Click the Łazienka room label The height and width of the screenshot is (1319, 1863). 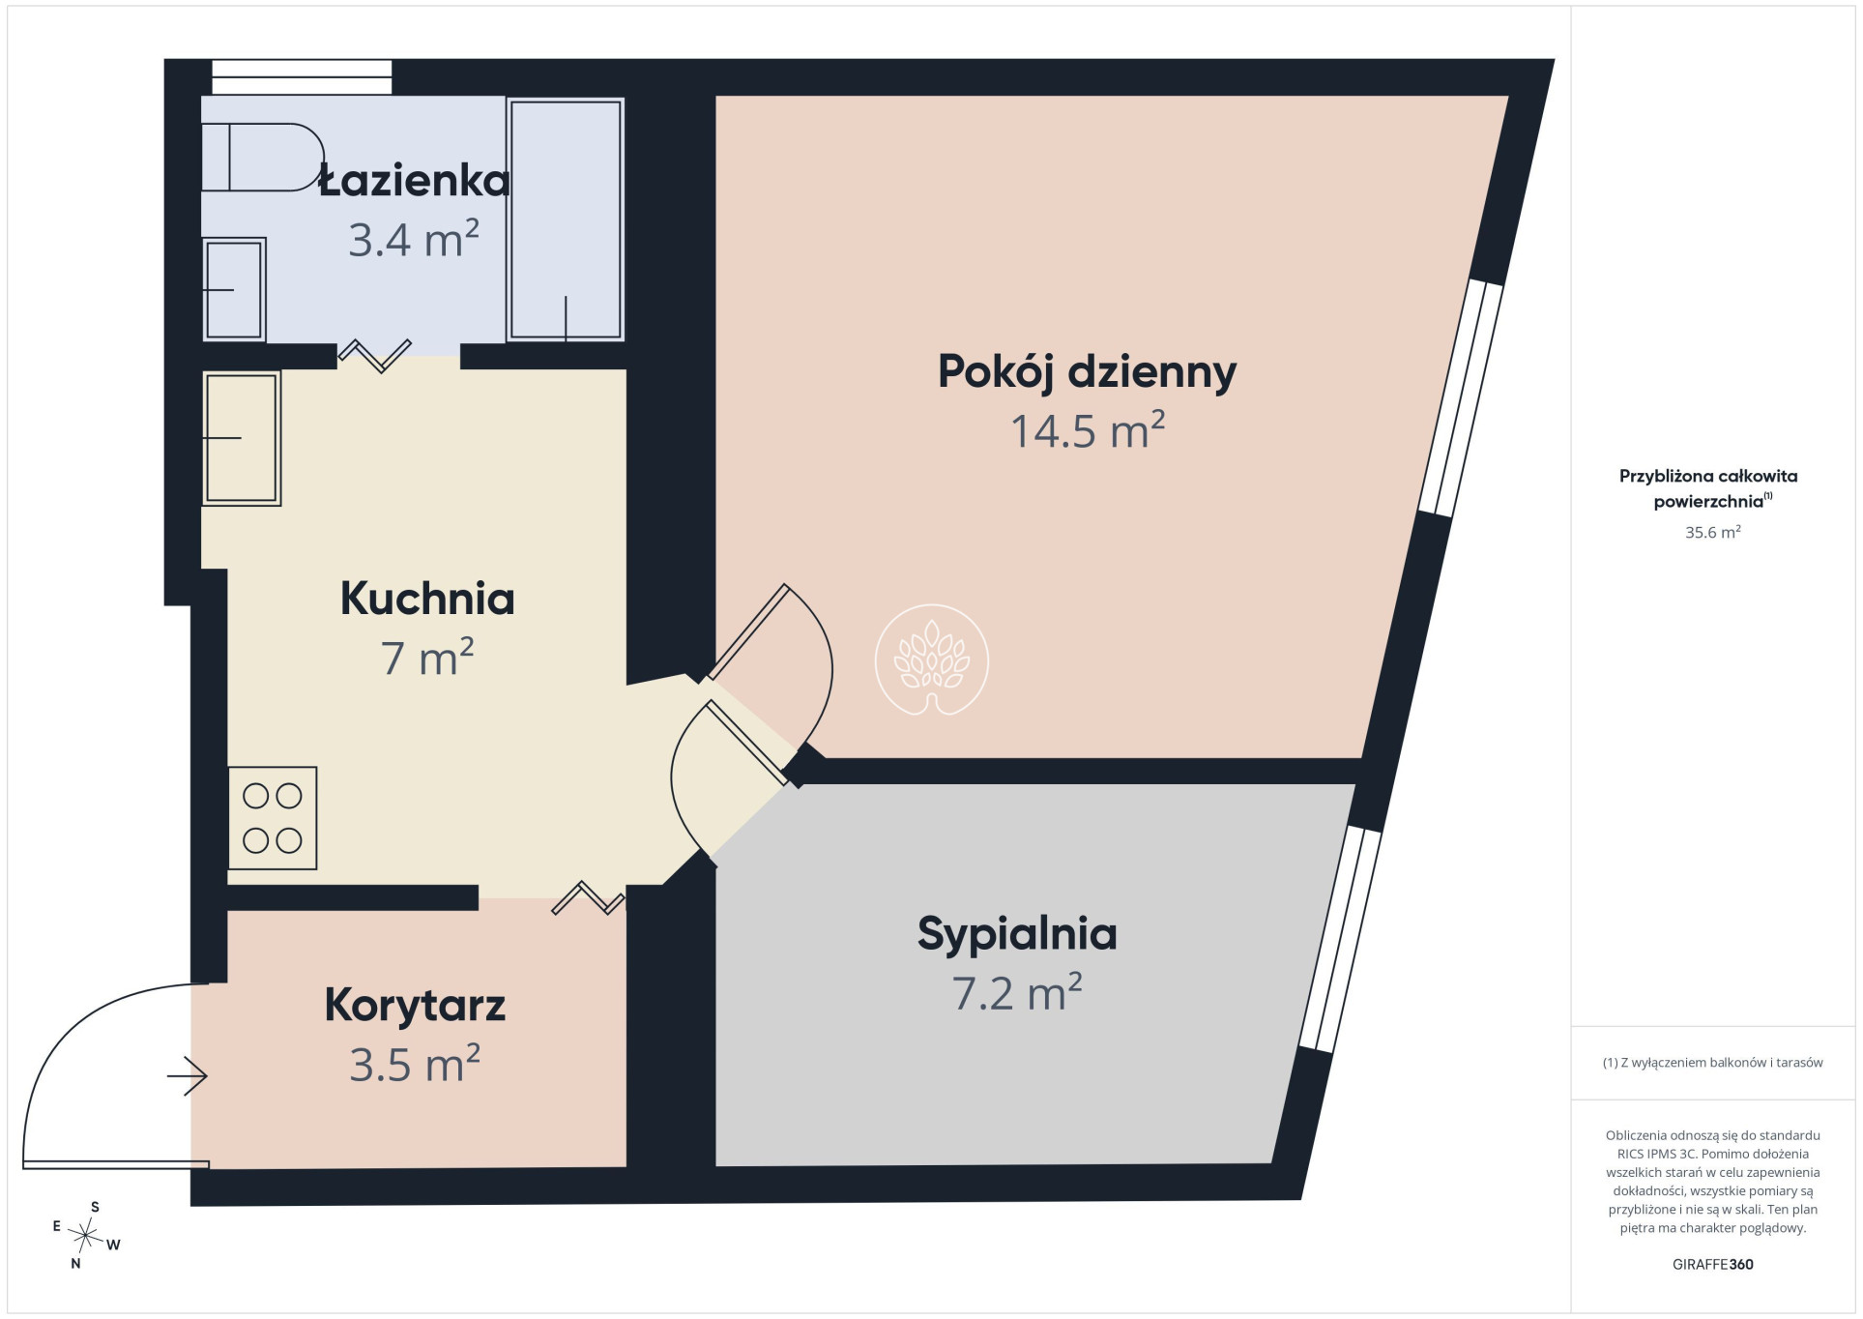click(x=415, y=181)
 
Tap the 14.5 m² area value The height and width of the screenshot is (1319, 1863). click(x=1088, y=430)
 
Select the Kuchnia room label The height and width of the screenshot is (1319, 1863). click(x=427, y=599)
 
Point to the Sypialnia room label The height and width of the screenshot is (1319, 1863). click(x=1017, y=934)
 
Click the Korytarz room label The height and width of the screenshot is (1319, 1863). click(x=415, y=1006)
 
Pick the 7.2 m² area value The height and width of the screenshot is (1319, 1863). click(x=1017, y=993)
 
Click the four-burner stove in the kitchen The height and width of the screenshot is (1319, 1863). click(x=273, y=818)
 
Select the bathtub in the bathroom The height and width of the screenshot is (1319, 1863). click(x=566, y=220)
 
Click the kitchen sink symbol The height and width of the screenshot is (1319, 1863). click(x=242, y=438)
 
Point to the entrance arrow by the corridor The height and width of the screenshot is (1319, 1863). click(x=188, y=1075)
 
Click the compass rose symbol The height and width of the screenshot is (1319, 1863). click(x=87, y=1235)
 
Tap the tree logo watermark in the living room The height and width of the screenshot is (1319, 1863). click(x=932, y=660)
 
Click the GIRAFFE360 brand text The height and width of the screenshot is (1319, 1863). click(x=1713, y=1264)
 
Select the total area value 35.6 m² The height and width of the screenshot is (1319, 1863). click(x=1713, y=532)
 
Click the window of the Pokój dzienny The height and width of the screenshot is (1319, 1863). click(x=1461, y=398)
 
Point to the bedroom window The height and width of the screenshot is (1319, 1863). click(x=1340, y=938)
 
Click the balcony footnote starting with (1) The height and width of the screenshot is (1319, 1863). click(x=1713, y=1063)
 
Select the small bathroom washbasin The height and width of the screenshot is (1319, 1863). click(x=234, y=289)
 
